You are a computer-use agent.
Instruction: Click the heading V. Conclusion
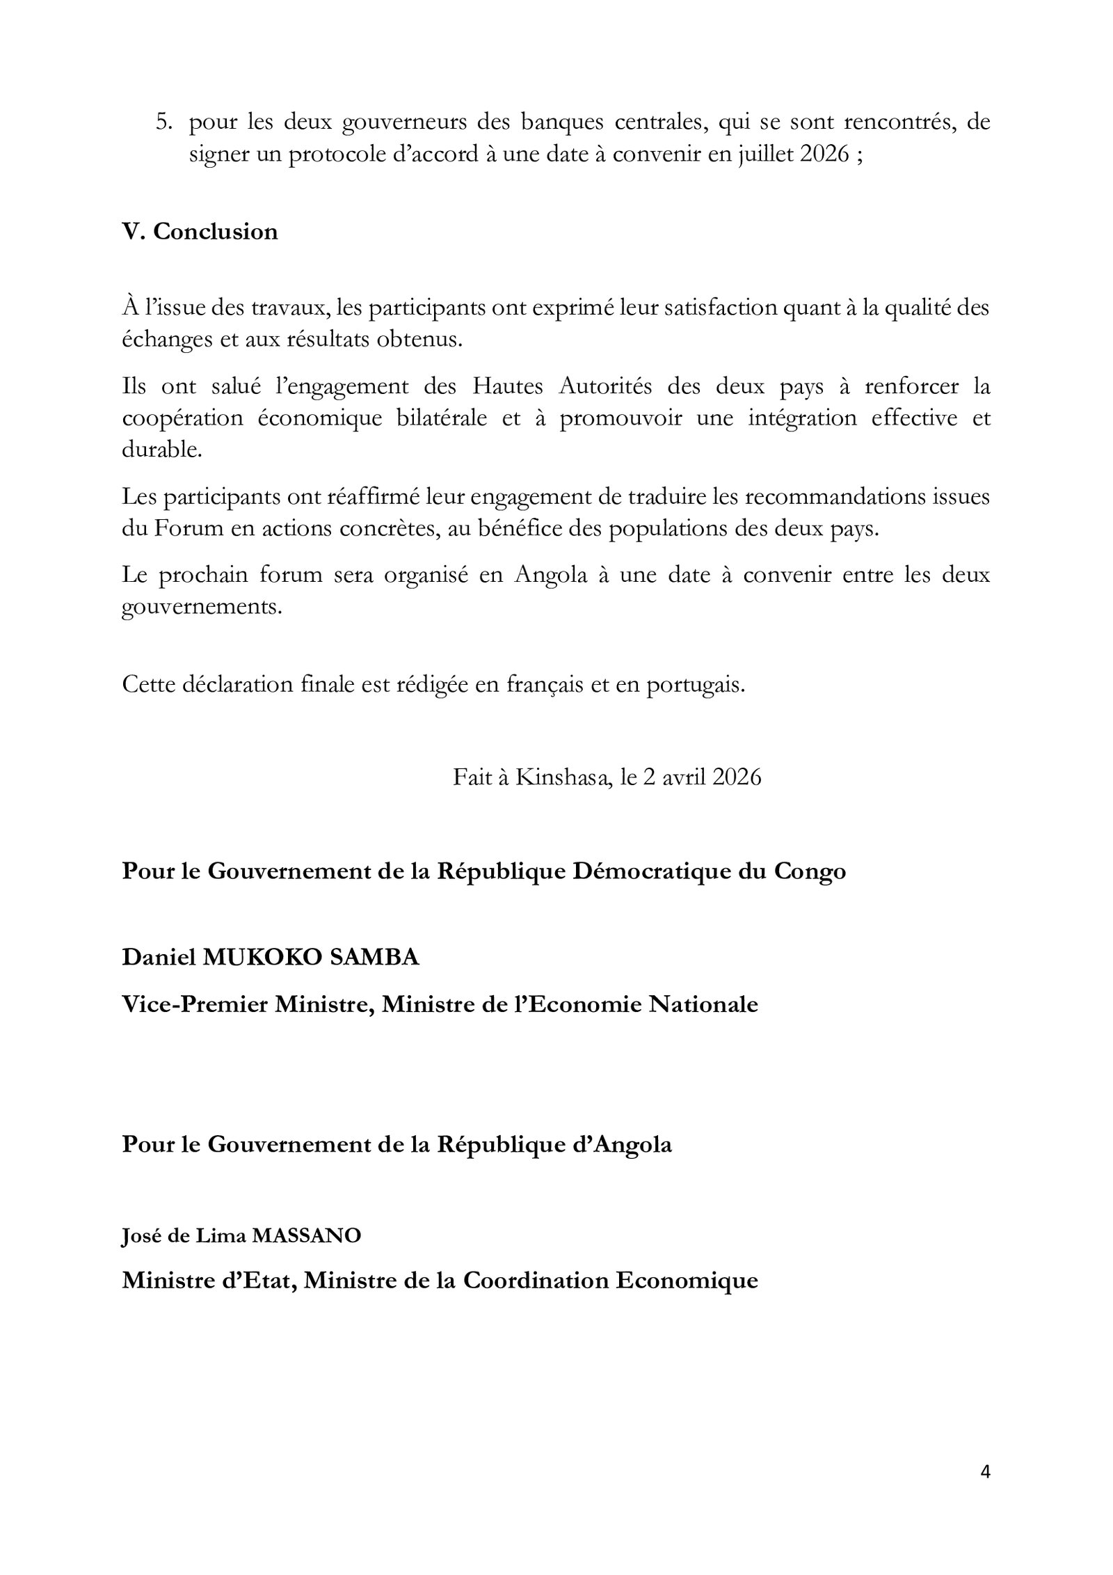200,232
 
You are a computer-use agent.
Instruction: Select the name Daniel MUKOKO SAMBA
271,958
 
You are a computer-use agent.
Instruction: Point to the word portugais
695,684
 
